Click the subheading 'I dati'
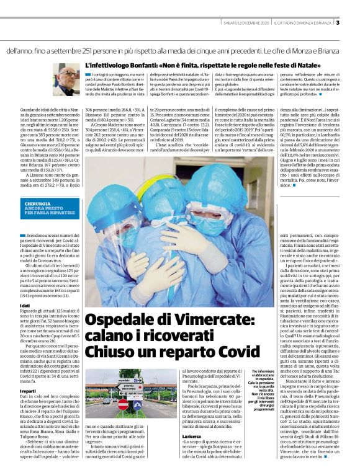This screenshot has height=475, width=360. click(x=25, y=306)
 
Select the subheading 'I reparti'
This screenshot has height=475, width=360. click(x=29, y=375)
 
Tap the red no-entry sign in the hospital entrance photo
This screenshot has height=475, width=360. click(x=124, y=404)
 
